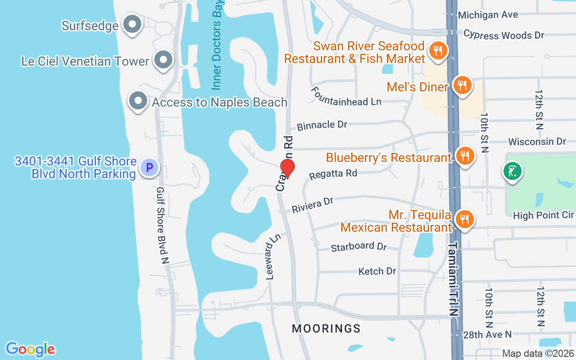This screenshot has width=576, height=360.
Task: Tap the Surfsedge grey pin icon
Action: tap(132, 25)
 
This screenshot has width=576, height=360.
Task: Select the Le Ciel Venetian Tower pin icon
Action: tap(163, 60)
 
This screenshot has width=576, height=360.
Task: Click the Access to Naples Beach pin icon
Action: tap(138, 102)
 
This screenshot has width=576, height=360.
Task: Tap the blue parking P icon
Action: tap(149, 168)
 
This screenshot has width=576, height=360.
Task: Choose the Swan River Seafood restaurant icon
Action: tap(437, 50)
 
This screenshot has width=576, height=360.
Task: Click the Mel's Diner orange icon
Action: tap(462, 84)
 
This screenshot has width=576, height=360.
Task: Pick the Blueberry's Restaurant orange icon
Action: tap(464, 156)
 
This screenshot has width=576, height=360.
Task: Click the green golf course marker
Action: tap(513, 171)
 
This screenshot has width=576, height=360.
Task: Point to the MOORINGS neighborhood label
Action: tap(326, 328)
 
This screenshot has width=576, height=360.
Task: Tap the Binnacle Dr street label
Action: tap(322, 125)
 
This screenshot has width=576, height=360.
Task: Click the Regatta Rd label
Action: tap(333, 174)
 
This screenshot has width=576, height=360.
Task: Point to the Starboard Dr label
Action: tap(359, 247)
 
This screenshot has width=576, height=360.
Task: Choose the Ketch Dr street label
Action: tap(377, 271)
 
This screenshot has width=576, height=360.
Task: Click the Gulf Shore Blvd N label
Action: tap(162, 225)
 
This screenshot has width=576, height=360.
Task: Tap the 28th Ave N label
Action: tap(487, 334)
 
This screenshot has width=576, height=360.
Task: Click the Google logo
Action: tap(30, 349)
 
